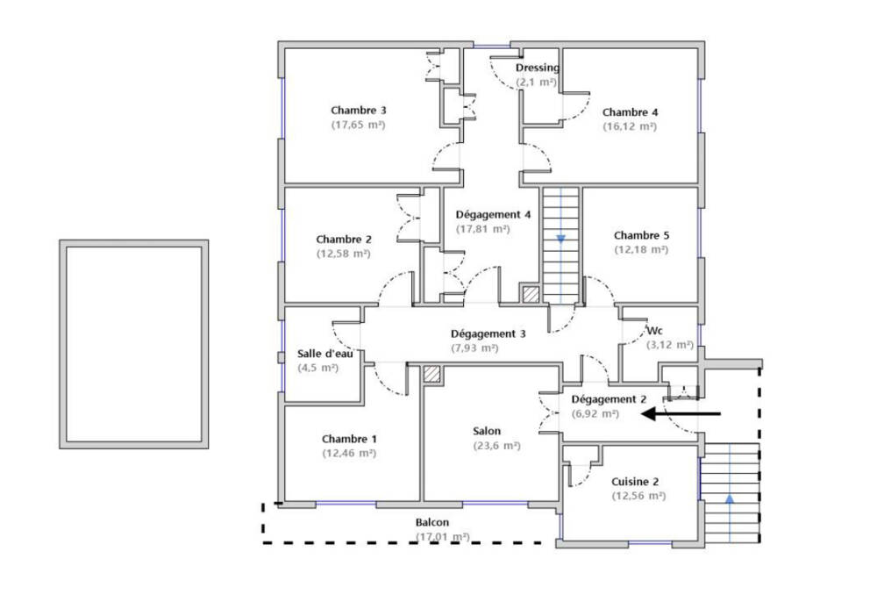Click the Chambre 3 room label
pyautogui.click(x=358, y=111)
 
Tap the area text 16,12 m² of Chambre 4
pyautogui.click(x=630, y=126)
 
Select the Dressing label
pyautogui.click(x=538, y=68)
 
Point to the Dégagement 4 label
pyautogui.click(x=493, y=214)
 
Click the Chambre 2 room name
pyautogui.click(x=344, y=240)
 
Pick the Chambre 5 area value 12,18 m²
pyautogui.click(x=642, y=249)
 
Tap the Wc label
pyautogui.click(x=654, y=330)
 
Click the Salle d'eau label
pyautogui.click(x=325, y=354)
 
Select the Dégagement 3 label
pyautogui.click(x=488, y=334)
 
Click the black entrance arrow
pyautogui.click(x=681, y=414)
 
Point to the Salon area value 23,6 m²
pyautogui.click(x=496, y=446)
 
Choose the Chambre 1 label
pyautogui.click(x=349, y=439)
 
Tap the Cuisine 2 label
pyautogui.click(x=635, y=482)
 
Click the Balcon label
pyautogui.click(x=431, y=522)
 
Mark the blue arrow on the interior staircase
pyautogui.click(x=561, y=239)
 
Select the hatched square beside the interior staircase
pyautogui.click(x=531, y=294)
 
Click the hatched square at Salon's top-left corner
pyautogui.click(x=431, y=375)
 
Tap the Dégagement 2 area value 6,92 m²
pyautogui.click(x=595, y=414)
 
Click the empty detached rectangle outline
pyautogui.click(x=62, y=344)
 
